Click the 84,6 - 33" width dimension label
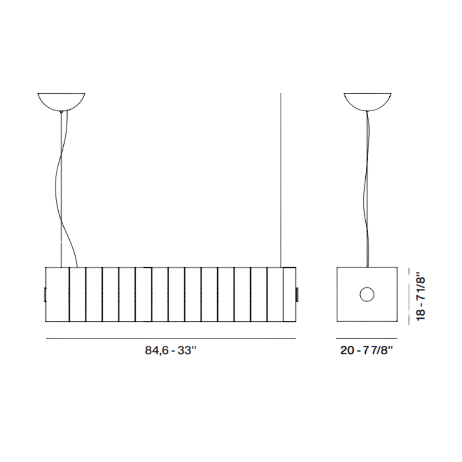click(x=170, y=350)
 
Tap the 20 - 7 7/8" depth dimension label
click(x=367, y=350)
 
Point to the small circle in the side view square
click(x=367, y=294)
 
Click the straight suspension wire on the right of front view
click(x=281, y=180)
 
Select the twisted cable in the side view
click(x=367, y=188)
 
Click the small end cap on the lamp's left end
click(x=44, y=295)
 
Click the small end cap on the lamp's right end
click(x=297, y=295)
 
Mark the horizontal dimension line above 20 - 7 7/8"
click(x=367, y=339)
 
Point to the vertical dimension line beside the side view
click(x=409, y=295)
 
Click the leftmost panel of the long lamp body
click(x=57, y=295)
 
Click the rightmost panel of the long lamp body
click(x=289, y=295)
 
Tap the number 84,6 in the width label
click(x=155, y=350)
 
